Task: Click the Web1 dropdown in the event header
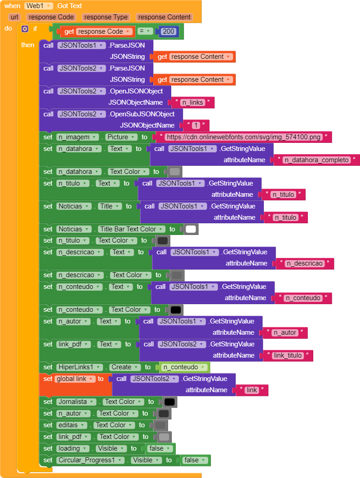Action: pos(39,6)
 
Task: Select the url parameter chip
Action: pos(14,17)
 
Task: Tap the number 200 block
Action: pos(168,31)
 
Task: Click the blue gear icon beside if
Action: pos(25,29)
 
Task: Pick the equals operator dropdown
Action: pos(145,31)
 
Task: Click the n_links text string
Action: pos(193,102)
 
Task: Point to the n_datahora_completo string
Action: pos(317,160)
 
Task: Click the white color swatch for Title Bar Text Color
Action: pos(191,229)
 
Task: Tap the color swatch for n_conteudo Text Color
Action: pos(176,310)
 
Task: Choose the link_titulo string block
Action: pos(288,355)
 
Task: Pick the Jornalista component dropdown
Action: pos(76,402)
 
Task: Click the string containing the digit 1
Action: pos(196,125)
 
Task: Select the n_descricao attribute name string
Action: pos(305,263)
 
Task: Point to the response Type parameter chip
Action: pos(106,17)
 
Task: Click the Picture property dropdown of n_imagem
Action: pos(121,137)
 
